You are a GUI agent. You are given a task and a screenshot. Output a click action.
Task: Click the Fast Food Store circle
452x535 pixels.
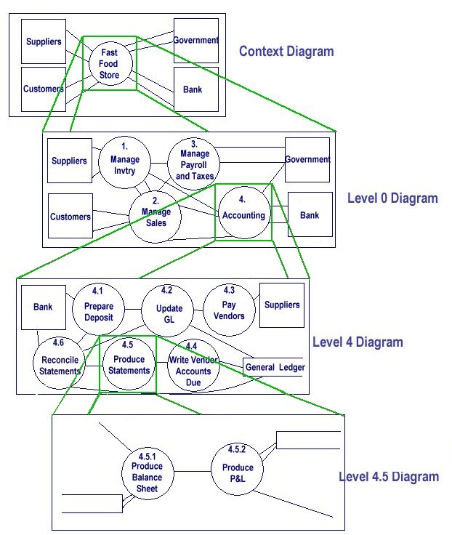click(110, 65)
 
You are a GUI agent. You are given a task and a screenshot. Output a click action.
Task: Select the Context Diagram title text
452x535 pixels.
click(286, 52)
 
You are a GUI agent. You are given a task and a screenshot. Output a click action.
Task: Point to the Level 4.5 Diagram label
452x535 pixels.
click(389, 477)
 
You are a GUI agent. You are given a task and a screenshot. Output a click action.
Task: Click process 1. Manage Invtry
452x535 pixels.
click(124, 160)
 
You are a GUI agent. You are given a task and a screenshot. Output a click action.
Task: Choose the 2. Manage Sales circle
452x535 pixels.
click(156, 212)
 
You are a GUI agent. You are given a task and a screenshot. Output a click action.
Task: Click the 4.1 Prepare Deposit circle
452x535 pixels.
click(98, 307)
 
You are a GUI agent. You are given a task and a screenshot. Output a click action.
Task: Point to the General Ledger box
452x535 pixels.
click(275, 367)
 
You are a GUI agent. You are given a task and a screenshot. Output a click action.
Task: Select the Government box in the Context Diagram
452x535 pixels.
click(196, 41)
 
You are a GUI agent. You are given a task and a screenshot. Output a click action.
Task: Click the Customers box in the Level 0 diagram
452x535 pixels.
click(70, 216)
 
